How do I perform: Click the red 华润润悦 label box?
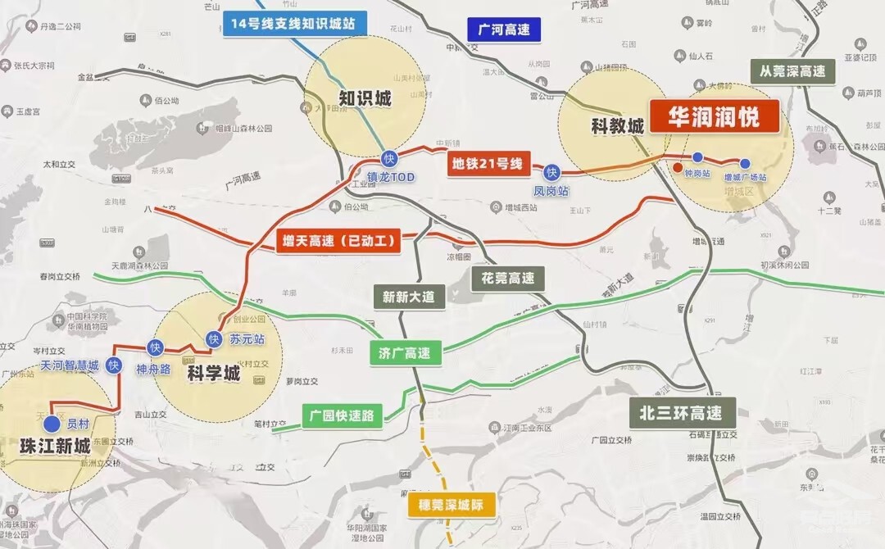click(714, 116)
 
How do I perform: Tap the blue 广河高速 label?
click(504, 30)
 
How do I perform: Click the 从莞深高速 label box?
click(792, 71)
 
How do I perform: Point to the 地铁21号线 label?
click(487, 163)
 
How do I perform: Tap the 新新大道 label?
click(410, 296)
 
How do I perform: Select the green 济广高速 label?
click(405, 353)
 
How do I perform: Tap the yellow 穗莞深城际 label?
click(452, 504)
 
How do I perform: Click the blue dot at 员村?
click(52, 424)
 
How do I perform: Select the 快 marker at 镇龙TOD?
click(388, 159)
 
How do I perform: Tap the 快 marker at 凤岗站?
click(551, 172)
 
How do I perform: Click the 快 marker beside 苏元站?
click(214, 338)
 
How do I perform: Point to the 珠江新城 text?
click(54, 447)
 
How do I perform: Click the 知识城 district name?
click(365, 99)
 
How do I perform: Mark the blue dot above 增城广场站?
click(745, 163)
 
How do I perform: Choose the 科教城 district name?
click(617, 125)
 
